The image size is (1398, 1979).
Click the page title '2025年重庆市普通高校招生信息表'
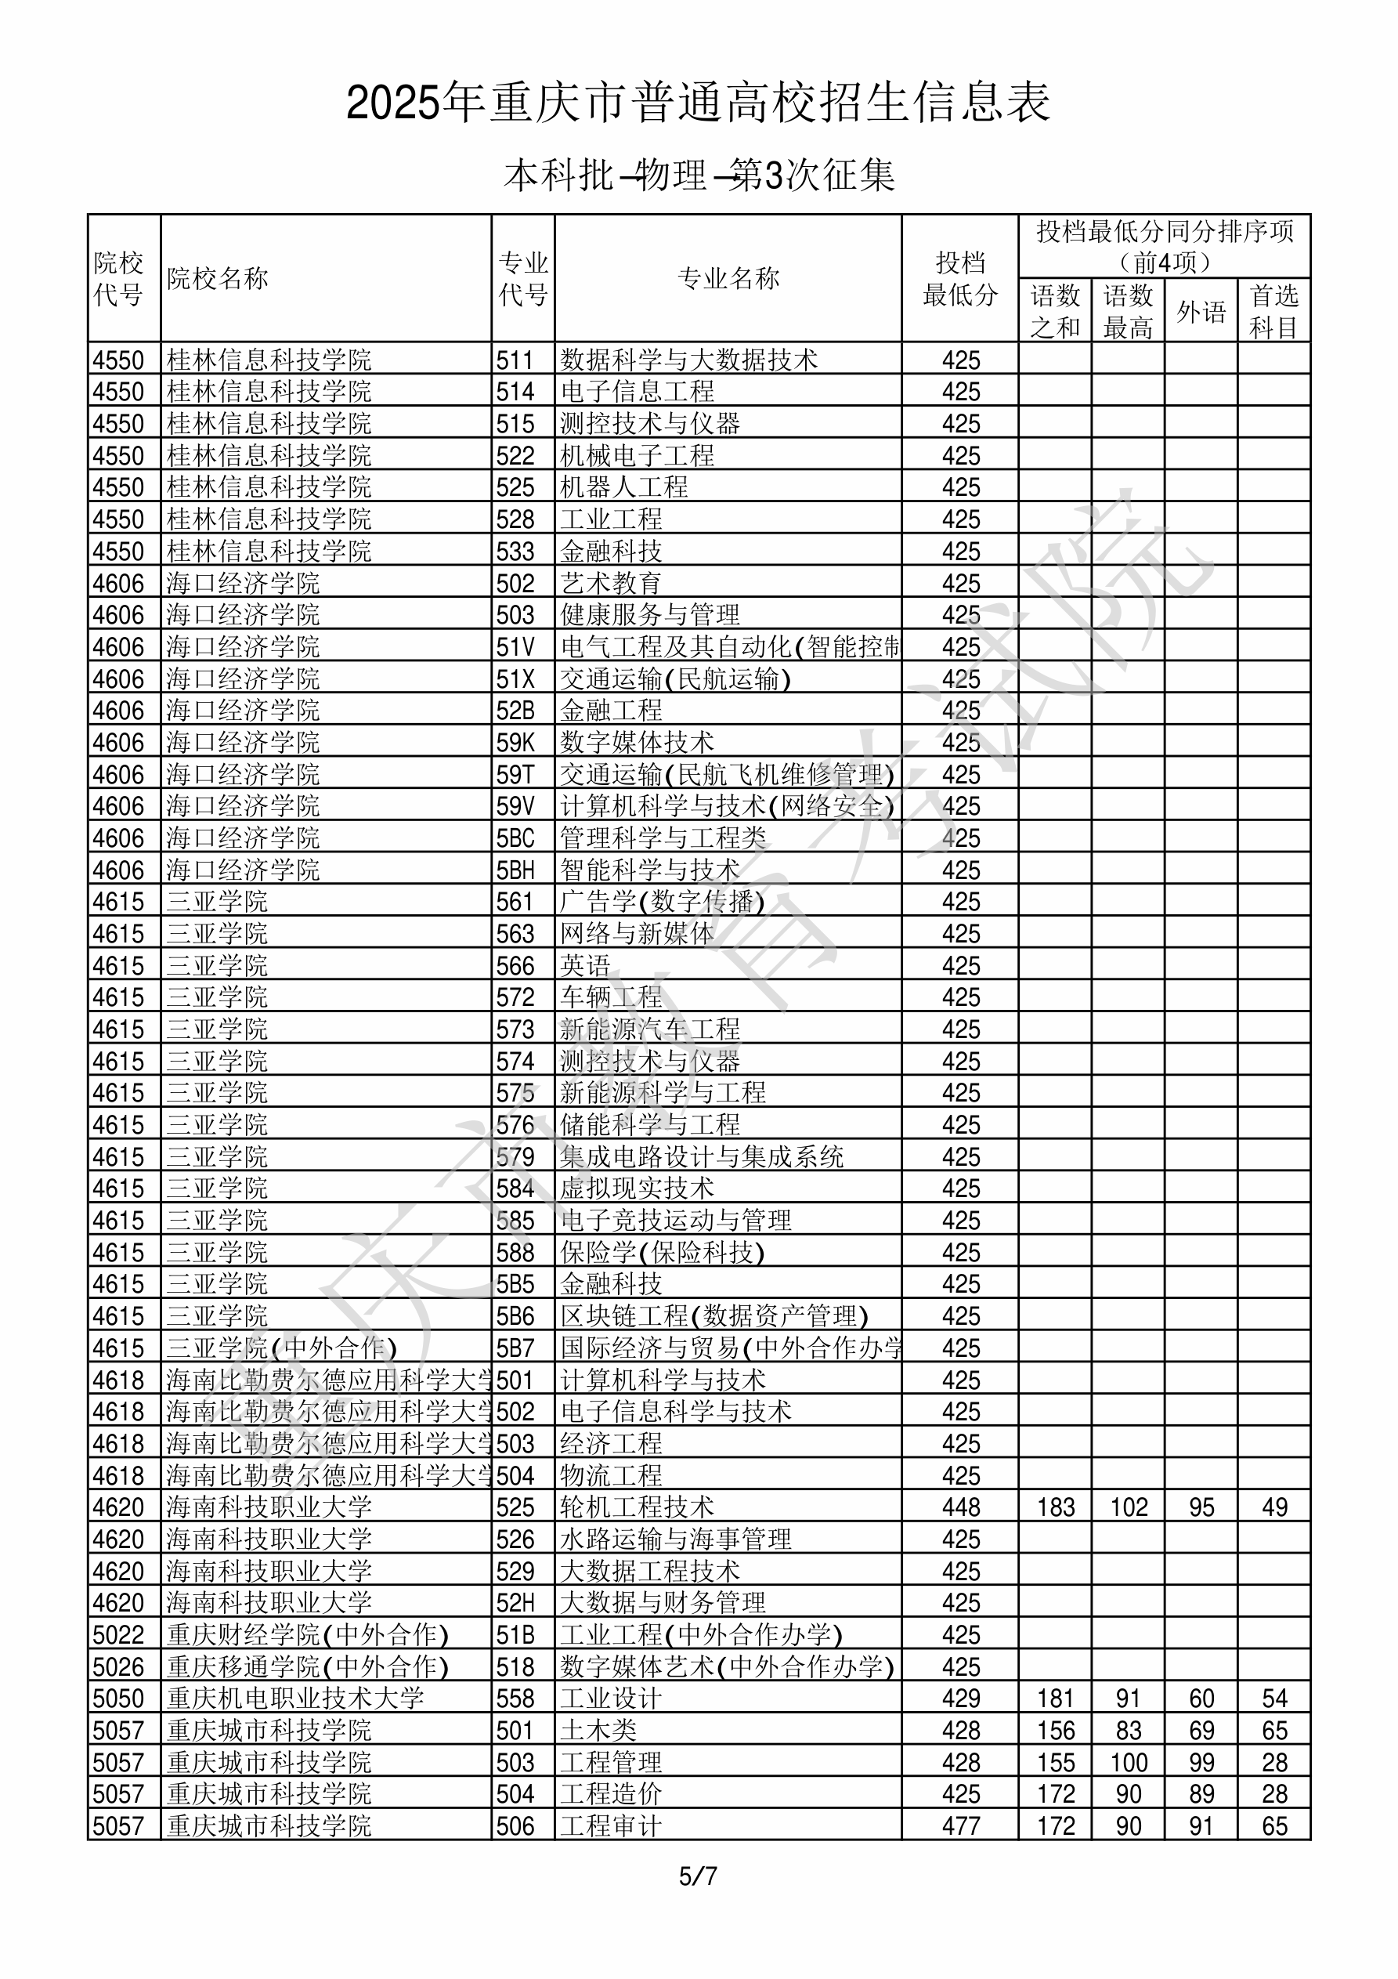click(x=698, y=103)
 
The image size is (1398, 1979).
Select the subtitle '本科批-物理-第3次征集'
click(x=698, y=175)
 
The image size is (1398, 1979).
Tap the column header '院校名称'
click(x=217, y=278)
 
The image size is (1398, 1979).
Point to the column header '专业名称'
click(x=728, y=278)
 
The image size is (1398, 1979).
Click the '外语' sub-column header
click(x=1201, y=311)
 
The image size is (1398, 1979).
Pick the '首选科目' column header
click(x=1274, y=311)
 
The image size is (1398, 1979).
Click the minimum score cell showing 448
click(x=960, y=1507)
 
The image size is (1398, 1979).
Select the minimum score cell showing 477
click(x=960, y=1826)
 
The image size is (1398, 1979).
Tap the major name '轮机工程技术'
click(x=637, y=1507)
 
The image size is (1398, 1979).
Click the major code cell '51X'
click(x=515, y=679)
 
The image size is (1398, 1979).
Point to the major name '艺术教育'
click(x=611, y=584)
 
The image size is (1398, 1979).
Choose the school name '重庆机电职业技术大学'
click(x=294, y=1699)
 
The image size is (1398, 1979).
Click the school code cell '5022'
click(x=118, y=1635)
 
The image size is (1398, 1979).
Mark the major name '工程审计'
click(x=611, y=1826)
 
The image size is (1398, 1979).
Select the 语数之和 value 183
click(x=1056, y=1507)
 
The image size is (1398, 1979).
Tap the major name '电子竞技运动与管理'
click(x=676, y=1221)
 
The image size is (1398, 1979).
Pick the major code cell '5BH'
click(x=515, y=870)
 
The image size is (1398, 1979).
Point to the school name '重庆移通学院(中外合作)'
click(x=308, y=1667)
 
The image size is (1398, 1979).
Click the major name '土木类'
click(x=598, y=1731)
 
